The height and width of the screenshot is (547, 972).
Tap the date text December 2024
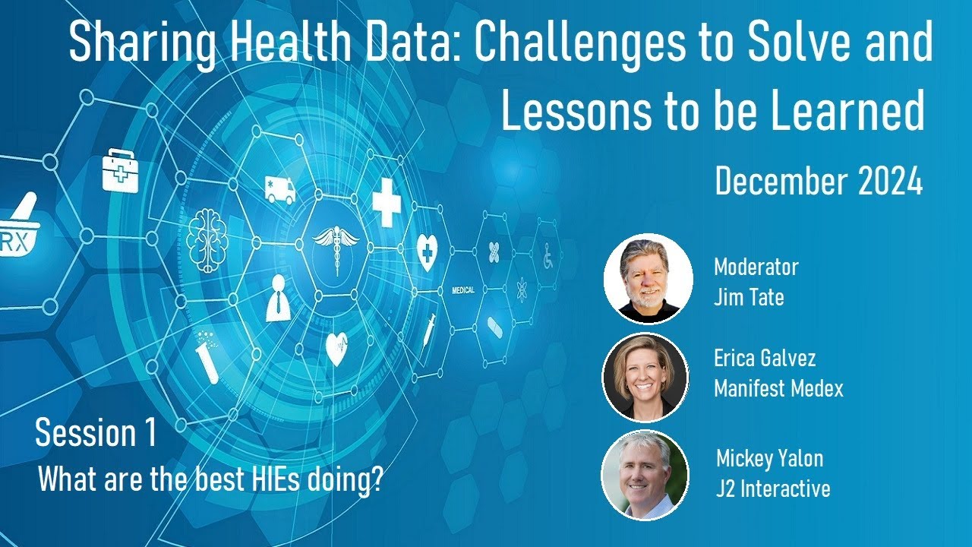819,182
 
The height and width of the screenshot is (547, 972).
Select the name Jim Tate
749,296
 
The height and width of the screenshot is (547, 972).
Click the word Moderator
756,267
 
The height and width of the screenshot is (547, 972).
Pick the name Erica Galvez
765,358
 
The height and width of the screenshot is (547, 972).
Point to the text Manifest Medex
778,389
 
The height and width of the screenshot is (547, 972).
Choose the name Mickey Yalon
769,458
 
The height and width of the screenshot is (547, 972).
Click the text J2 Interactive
773,488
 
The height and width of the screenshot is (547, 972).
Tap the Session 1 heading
96,433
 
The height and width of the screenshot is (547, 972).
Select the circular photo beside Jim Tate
648,279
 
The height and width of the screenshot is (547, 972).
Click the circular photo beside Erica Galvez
645,377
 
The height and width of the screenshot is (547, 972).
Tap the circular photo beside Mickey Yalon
645,475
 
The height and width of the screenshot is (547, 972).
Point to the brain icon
207,235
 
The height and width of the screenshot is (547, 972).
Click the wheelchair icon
548,256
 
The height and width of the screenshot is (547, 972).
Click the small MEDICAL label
463,290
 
